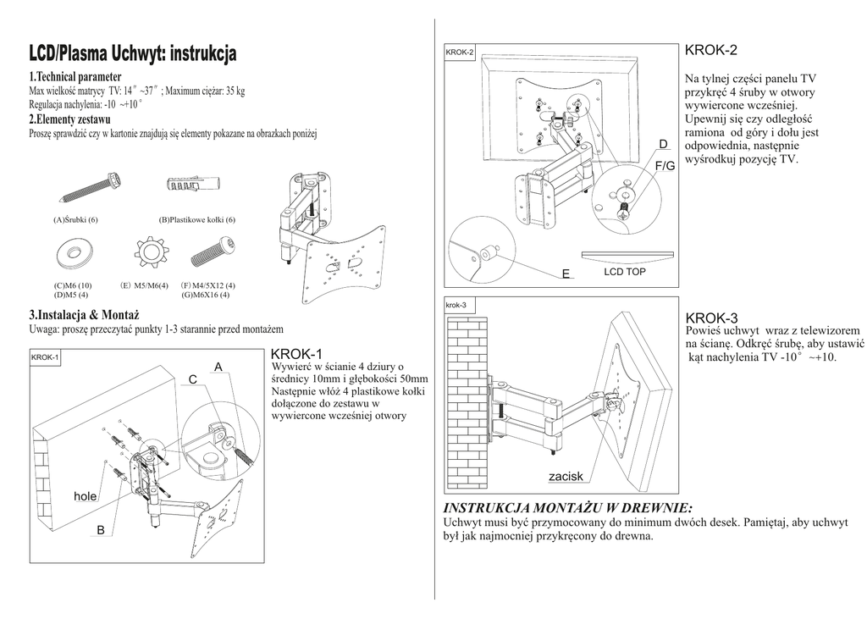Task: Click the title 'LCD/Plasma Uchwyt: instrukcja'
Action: tap(134, 55)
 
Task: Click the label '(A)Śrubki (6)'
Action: tap(76, 220)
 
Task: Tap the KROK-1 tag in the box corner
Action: tap(45, 357)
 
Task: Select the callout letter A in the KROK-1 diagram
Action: tap(218, 367)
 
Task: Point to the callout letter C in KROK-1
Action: tap(192, 380)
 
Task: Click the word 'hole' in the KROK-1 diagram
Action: tap(85, 496)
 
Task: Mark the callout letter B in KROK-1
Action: tap(100, 530)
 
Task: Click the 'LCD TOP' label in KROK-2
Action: tap(625, 272)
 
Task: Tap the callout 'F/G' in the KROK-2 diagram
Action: tap(665, 165)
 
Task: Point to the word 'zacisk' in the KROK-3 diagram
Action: tap(566, 477)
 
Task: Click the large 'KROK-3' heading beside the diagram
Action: tap(712, 318)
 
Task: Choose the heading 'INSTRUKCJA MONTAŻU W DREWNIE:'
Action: tap(568, 508)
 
